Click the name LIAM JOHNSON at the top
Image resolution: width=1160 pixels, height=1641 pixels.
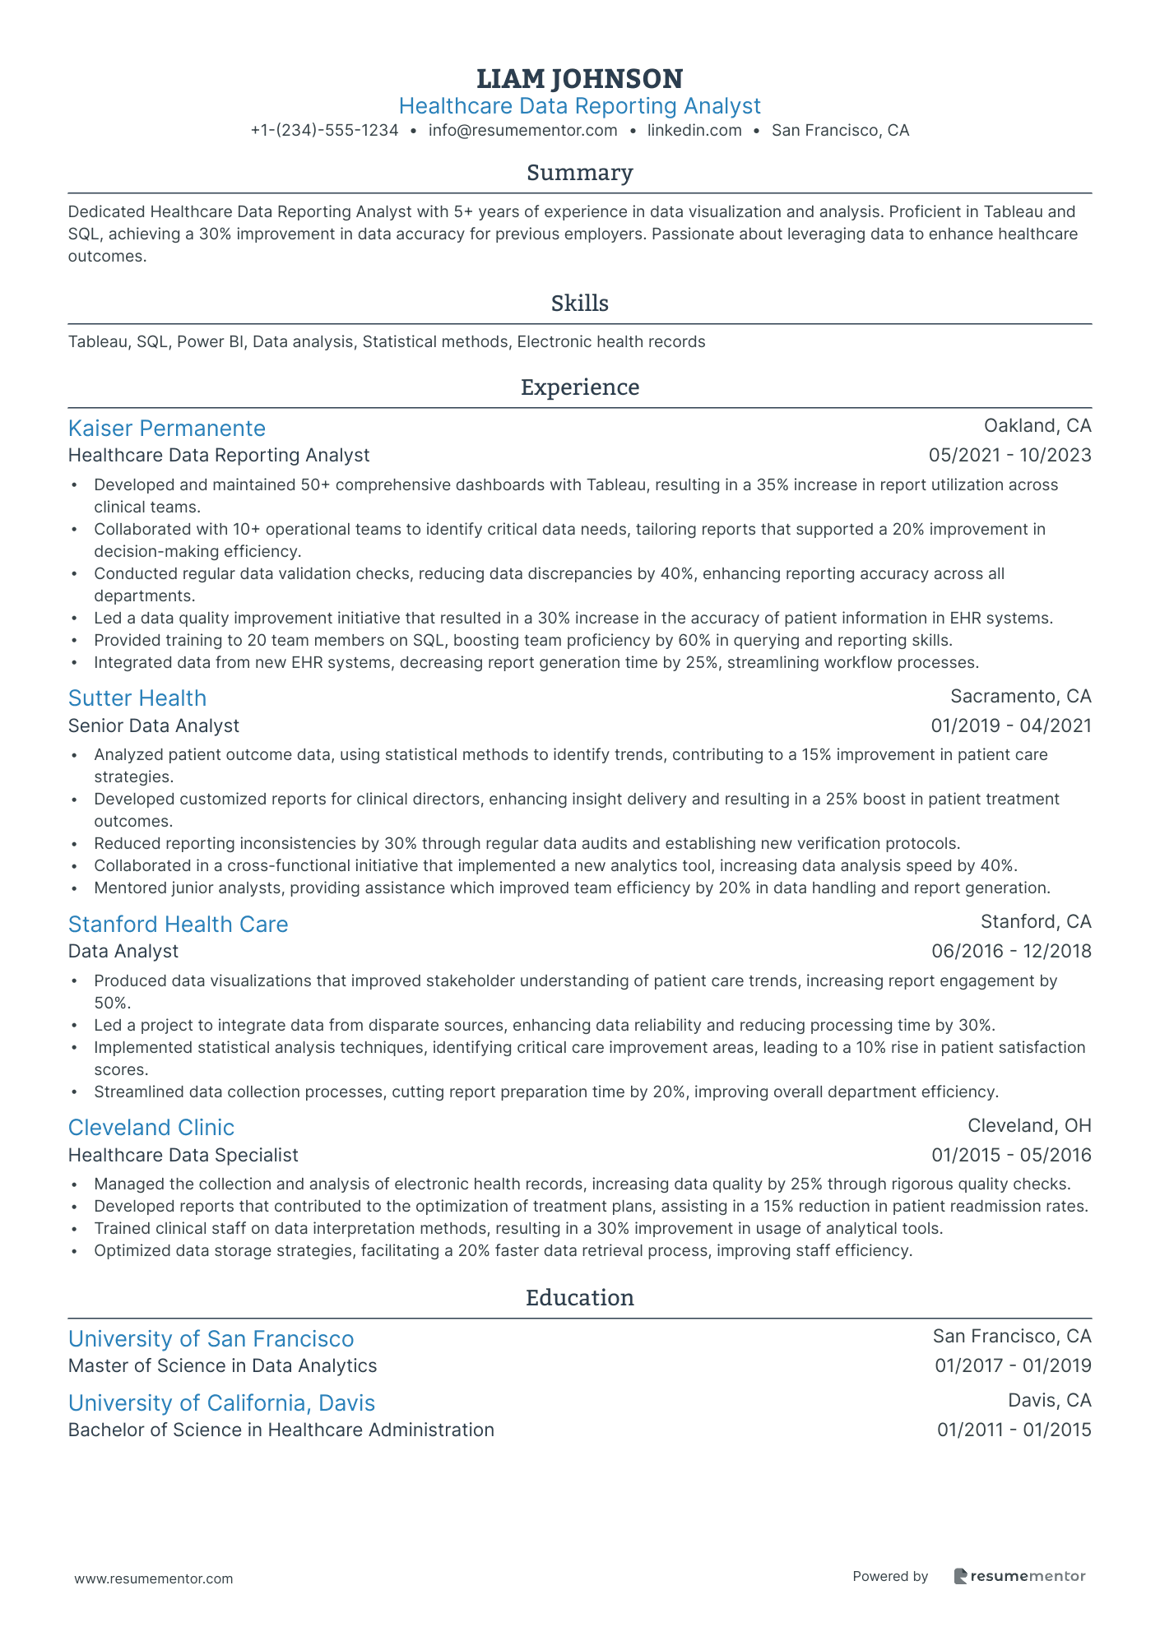click(x=579, y=79)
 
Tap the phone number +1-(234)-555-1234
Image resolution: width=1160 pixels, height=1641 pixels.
click(x=324, y=130)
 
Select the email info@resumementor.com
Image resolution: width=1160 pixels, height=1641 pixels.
click(x=522, y=130)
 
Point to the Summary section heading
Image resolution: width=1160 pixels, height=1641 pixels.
click(x=579, y=173)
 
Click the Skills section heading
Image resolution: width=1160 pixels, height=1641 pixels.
click(x=579, y=304)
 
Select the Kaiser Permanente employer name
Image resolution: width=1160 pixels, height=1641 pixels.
click(x=166, y=428)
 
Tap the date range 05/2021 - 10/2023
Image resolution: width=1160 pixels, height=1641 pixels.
click(x=1009, y=455)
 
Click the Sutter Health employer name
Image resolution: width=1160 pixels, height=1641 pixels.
click(x=137, y=698)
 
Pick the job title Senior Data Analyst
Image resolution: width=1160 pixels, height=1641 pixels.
click(x=154, y=725)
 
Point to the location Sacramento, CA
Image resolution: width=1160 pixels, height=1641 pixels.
click(x=1020, y=696)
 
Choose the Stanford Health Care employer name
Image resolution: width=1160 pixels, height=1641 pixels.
click(x=178, y=924)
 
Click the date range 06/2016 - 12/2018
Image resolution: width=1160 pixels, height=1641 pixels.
click(x=1011, y=951)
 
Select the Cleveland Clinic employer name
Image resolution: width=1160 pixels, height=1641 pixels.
click(x=151, y=1127)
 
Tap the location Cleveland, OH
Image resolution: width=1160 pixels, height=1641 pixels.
click(x=1028, y=1125)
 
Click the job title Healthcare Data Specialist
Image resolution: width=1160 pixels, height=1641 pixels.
click(x=183, y=1155)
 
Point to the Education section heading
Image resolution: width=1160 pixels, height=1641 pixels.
click(x=579, y=1297)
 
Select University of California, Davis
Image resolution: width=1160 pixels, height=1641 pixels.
click(x=221, y=1402)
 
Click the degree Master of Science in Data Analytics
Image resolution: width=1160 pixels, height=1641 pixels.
click(x=222, y=1365)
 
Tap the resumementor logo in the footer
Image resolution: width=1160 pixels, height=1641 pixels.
click(x=1019, y=1576)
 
